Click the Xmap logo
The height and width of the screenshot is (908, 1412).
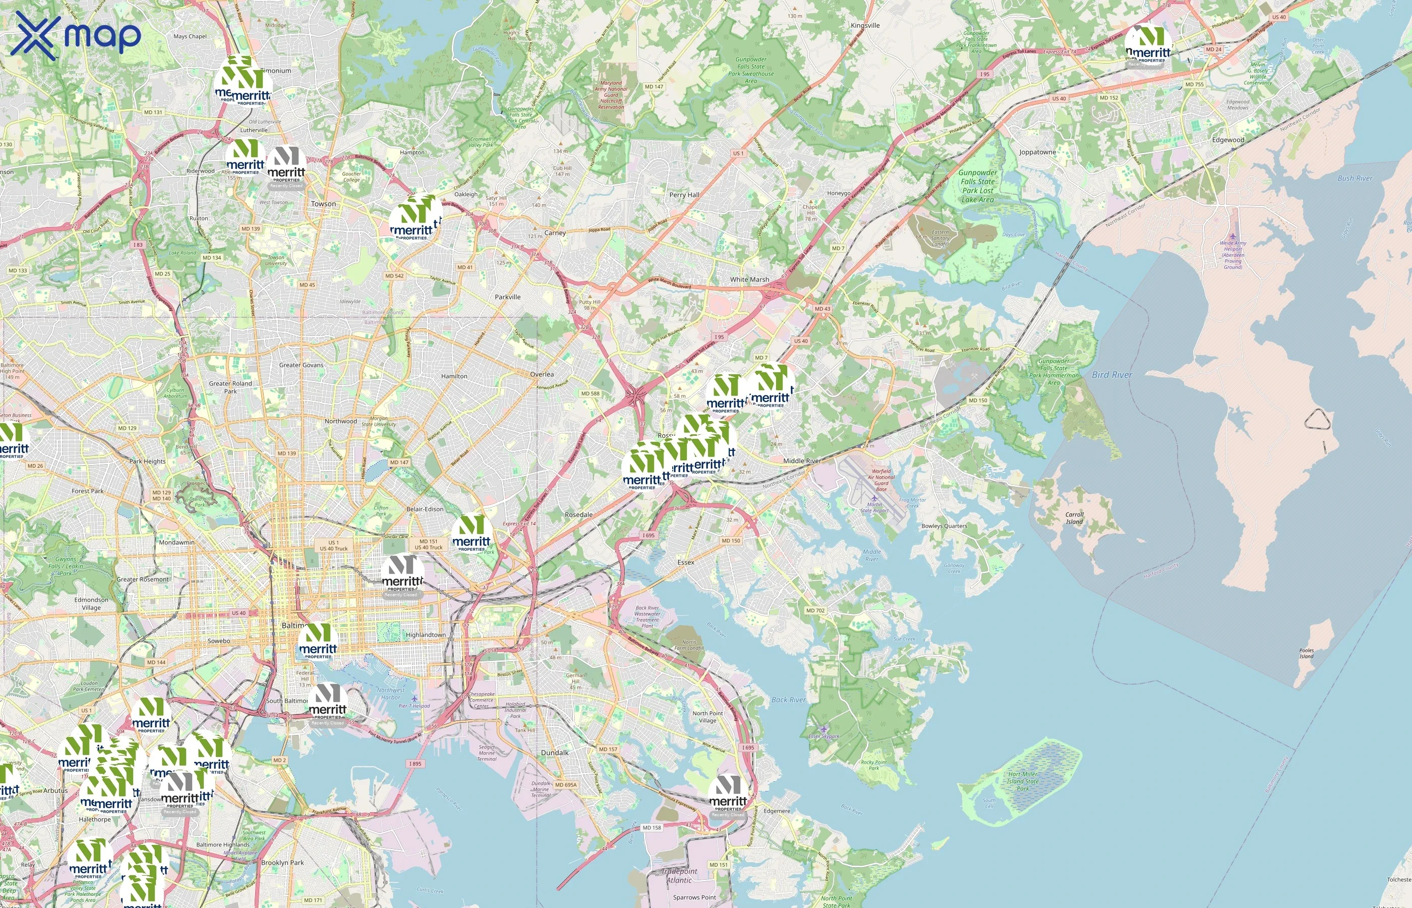click(76, 35)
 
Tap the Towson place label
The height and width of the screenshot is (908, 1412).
click(324, 204)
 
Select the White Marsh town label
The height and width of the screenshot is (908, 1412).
click(749, 279)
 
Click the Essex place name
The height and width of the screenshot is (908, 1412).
click(685, 562)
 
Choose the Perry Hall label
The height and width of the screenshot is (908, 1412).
click(684, 195)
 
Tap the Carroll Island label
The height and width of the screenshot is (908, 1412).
click(1074, 518)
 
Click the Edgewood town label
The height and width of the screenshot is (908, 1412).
click(1228, 140)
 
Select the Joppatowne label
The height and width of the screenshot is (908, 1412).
click(1037, 152)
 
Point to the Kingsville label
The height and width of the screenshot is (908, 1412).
click(865, 25)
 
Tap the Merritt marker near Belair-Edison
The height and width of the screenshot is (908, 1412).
click(472, 534)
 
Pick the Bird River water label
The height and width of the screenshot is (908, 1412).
click(1112, 374)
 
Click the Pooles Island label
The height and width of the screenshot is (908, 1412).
click(1307, 653)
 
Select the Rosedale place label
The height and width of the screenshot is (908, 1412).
click(578, 515)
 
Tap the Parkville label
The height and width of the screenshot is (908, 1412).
click(507, 297)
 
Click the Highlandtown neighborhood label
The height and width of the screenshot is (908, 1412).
click(426, 635)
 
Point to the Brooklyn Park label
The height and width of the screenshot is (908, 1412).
click(282, 863)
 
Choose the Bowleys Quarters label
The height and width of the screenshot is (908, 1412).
click(944, 526)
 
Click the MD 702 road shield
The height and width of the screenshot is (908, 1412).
click(815, 610)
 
